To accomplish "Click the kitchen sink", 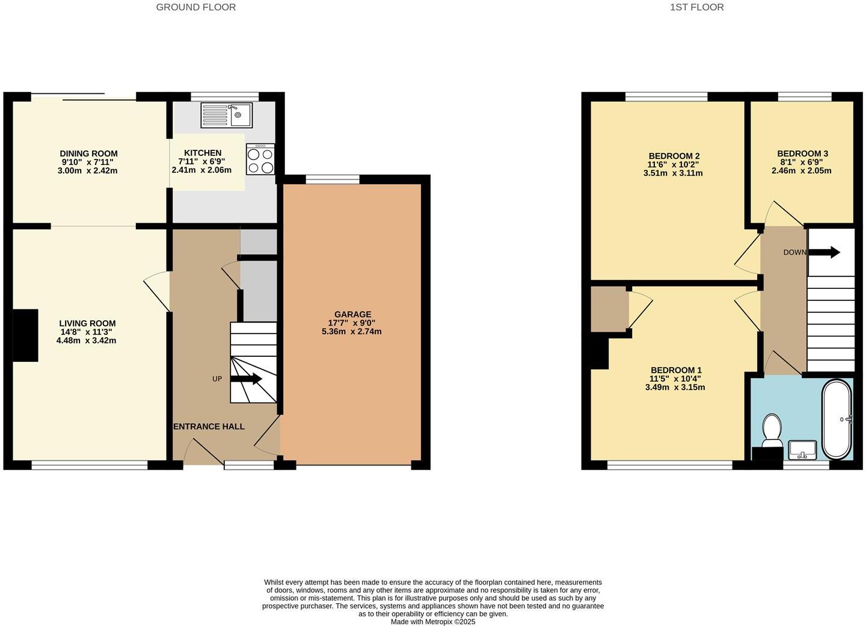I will click(226, 115).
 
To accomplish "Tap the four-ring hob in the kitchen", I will click(260, 160).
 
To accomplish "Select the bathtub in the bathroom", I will click(837, 419).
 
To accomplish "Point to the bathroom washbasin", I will click(802, 449).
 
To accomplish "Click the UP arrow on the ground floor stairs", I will click(247, 379).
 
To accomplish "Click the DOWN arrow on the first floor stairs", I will click(825, 252).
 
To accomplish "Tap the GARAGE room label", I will click(352, 314).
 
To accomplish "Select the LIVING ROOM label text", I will click(87, 323).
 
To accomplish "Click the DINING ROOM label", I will click(88, 153).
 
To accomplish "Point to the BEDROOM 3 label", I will click(802, 153).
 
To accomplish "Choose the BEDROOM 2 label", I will click(674, 156).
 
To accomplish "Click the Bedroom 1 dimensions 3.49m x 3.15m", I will click(675, 387).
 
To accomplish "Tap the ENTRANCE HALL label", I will click(209, 426).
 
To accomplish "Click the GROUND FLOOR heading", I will click(195, 7).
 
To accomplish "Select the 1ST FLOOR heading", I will click(696, 7).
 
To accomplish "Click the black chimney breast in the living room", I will click(25, 335).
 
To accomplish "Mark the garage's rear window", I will click(333, 178).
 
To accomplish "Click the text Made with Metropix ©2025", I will click(432, 622).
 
